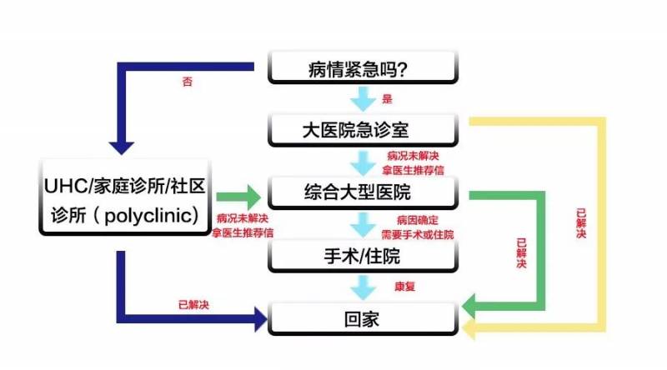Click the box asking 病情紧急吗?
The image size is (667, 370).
pyautogui.click(x=363, y=67)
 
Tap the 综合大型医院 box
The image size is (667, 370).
pyautogui.click(x=363, y=193)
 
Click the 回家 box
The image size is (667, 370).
pyautogui.click(x=363, y=317)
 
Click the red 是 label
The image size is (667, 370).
pyautogui.click(x=387, y=99)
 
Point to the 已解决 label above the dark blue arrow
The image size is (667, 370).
pyautogui.click(x=193, y=304)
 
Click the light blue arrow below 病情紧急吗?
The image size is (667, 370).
pyautogui.click(x=363, y=99)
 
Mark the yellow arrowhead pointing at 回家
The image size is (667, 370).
pyautogui.click(x=473, y=332)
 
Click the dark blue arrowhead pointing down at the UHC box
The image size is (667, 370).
pyautogui.click(x=122, y=146)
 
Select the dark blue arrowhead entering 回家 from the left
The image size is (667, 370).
pyautogui.click(x=254, y=317)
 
